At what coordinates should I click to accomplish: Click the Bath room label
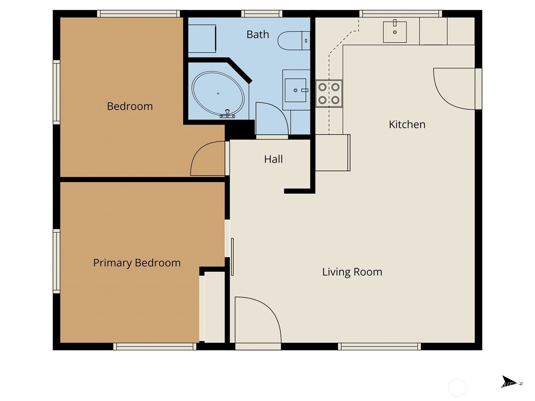point(257,34)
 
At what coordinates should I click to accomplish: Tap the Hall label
point(273,159)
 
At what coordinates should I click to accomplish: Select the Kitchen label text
point(407,124)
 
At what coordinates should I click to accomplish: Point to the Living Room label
point(352,272)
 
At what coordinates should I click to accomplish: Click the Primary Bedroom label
point(137,263)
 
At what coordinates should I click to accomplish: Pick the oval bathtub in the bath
point(218,94)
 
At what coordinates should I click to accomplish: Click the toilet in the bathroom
point(294,40)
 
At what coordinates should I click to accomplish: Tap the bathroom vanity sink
point(296,90)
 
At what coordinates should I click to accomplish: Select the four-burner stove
point(329,94)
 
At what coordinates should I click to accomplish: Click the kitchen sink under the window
point(395,32)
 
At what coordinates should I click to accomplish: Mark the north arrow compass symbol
point(509,382)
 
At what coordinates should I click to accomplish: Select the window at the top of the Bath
point(262,14)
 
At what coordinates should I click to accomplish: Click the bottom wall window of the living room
point(379,347)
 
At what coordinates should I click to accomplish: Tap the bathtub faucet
point(227,114)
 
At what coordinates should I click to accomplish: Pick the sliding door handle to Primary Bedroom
point(232,257)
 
